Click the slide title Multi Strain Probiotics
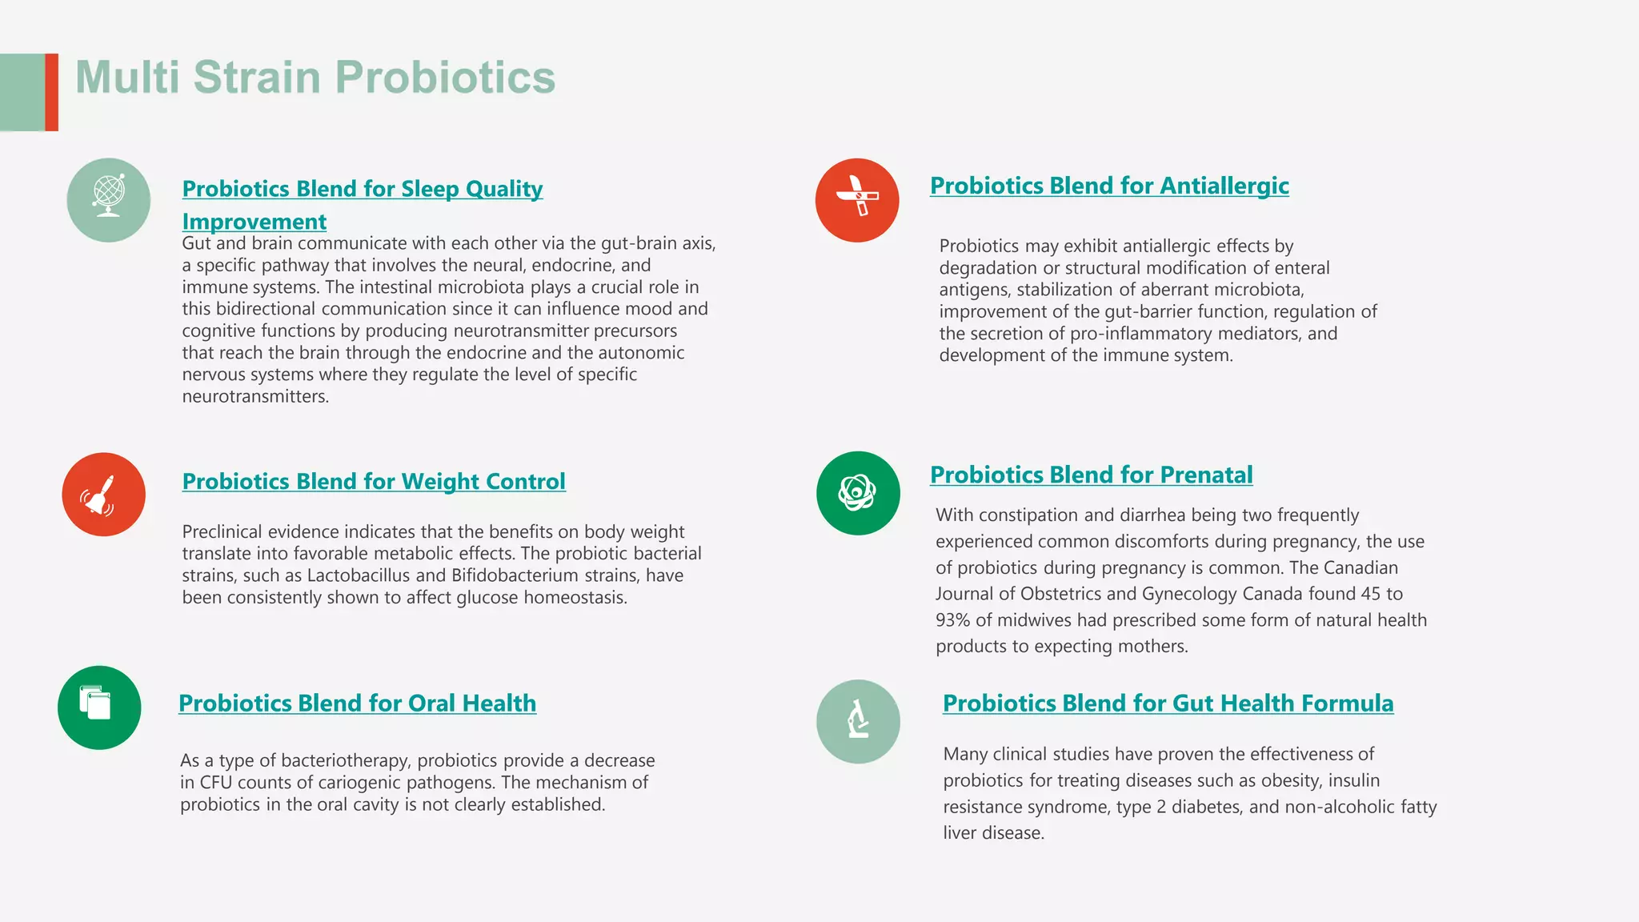(315, 78)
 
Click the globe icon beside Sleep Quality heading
(108, 200)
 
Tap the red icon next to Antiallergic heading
(857, 200)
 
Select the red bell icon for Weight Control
(104, 495)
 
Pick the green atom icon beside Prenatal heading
(858, 493)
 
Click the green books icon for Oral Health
(99, 708)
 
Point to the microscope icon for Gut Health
(858, 721)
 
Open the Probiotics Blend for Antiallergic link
(1109, 186)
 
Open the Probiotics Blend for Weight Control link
(374, 481)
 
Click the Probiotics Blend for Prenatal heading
(1091, 475)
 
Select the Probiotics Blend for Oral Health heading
(357, 703)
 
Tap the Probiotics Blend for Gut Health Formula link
(1168, 703)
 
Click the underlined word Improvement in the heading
(254, 221)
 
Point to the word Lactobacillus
(359, 575)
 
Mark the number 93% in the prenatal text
(952, 620)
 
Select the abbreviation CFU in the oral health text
(215, 783)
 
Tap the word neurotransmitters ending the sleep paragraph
(254, 397)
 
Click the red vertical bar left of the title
(52, 92)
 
